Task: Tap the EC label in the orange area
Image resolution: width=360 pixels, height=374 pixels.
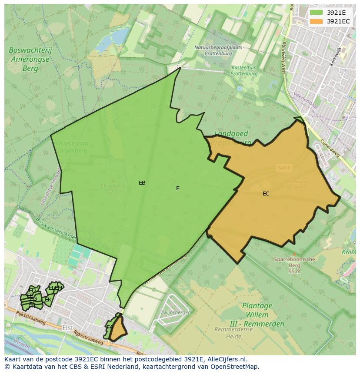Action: pos(266,194)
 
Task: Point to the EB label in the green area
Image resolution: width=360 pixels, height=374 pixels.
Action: pos(142,183)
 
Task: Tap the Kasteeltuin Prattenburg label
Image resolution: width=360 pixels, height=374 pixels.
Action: pos(244,71)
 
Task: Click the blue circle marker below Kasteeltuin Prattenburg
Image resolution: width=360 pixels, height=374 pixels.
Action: pos(239,89)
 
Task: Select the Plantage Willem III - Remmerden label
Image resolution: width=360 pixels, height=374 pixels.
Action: pos(257,315)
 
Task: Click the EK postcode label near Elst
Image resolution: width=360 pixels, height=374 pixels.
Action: pos(48,300)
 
